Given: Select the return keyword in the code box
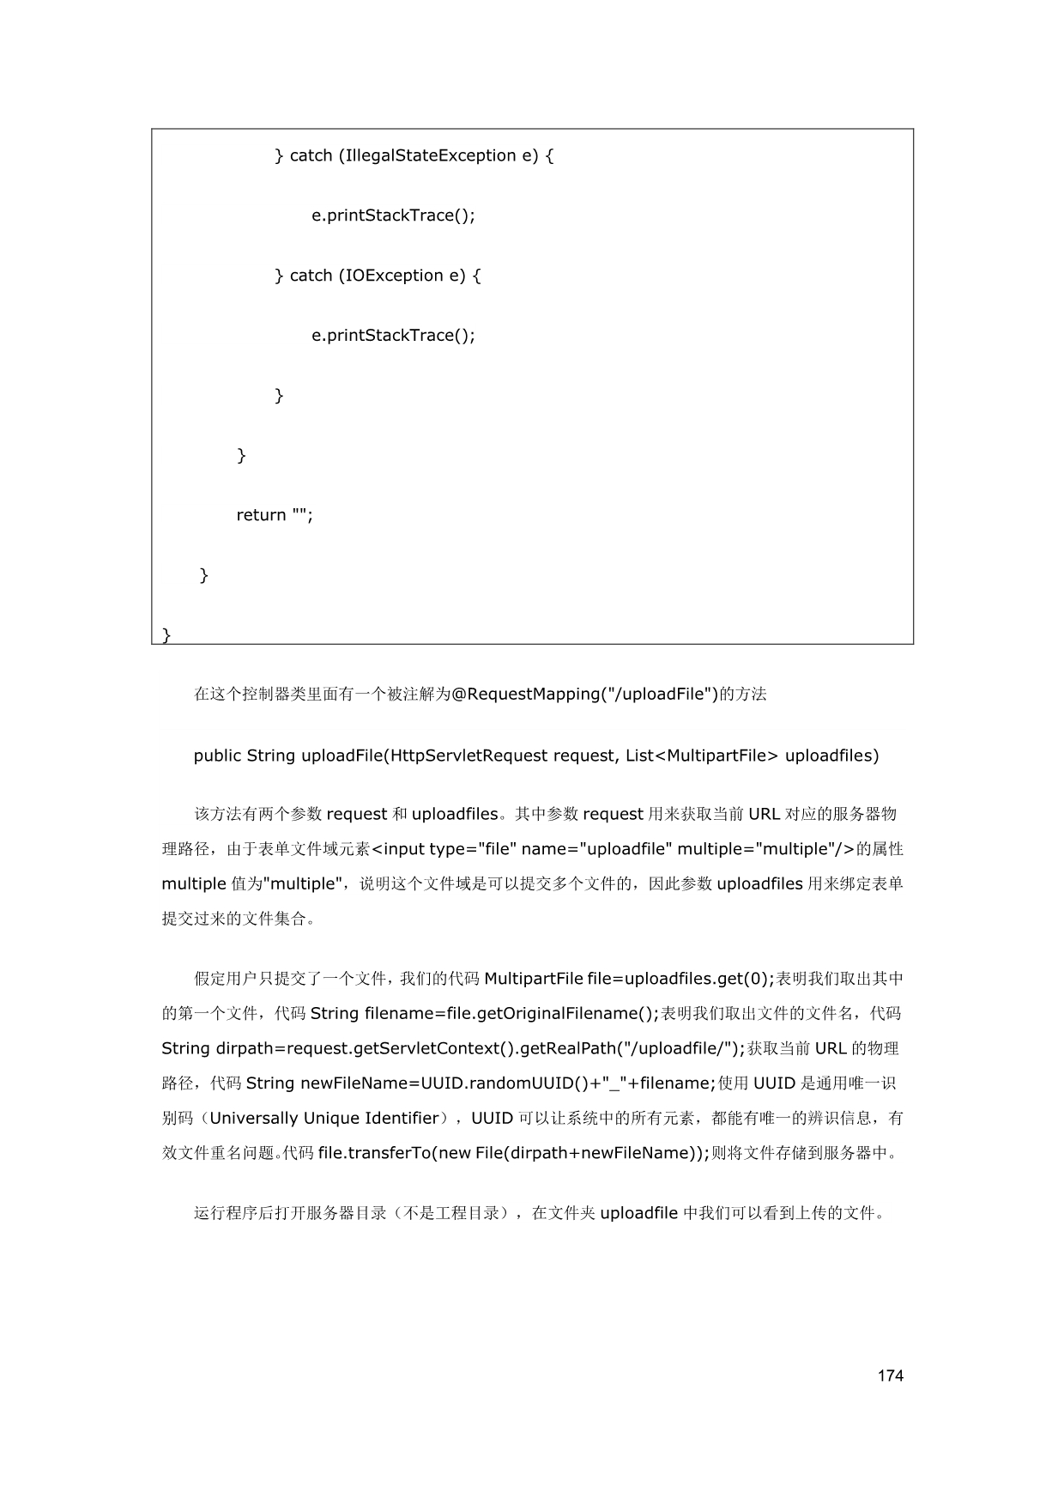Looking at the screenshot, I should (x=261, y=515).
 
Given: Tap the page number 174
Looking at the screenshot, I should (x=891, y=1376).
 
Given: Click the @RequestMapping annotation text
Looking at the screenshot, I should (x=523, y=694).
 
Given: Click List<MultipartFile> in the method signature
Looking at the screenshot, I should (x=702, y=756).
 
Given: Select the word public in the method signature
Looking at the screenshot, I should (x=217, y=756).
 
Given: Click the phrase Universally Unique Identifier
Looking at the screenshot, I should (x=324, y=1118).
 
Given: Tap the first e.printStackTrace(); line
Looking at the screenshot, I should (x=393, y=215).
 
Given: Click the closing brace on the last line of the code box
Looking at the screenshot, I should (x=166, y=634).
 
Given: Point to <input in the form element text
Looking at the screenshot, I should (x=399, y=849).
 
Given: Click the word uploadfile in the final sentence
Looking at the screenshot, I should (x=639, y=1213).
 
